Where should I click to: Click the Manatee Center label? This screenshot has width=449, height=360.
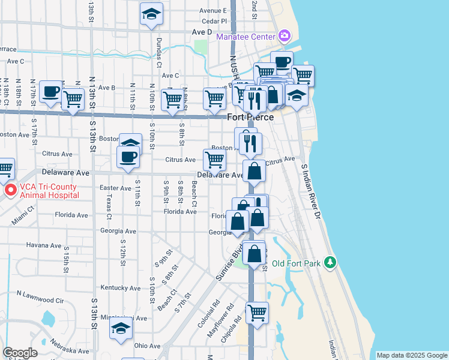click(x=246, y=37)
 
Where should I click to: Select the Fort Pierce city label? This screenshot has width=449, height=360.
click(x=250, y=117)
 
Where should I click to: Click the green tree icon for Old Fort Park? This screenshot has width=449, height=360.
click(x=330, y=262)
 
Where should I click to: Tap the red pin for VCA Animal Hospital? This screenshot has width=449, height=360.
click(x=10, y=191)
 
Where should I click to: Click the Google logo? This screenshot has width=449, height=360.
click(x=20, y=353)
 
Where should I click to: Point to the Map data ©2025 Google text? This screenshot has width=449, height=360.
click(x=412, y=355)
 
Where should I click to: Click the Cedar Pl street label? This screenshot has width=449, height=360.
click(x=215, y=20)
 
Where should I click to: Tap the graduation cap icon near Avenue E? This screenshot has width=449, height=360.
click(x=151, y=13)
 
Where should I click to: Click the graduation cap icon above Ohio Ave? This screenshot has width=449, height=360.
click(x=121, y=328)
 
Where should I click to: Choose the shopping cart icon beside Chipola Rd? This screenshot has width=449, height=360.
click(x=257, y=312)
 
